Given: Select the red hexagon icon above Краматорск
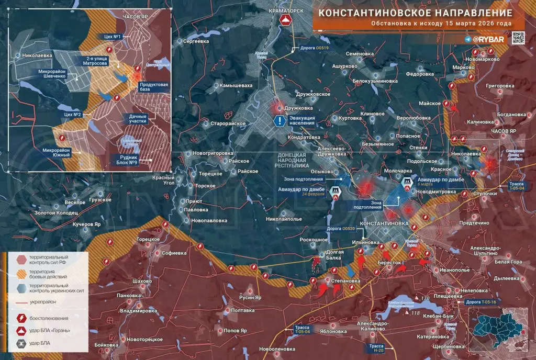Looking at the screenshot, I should pos(286,20).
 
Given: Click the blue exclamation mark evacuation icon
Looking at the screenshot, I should pos(281,121).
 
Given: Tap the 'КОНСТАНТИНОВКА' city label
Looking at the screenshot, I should pos(385,223).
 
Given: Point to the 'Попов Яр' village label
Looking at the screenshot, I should pos(235,331).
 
